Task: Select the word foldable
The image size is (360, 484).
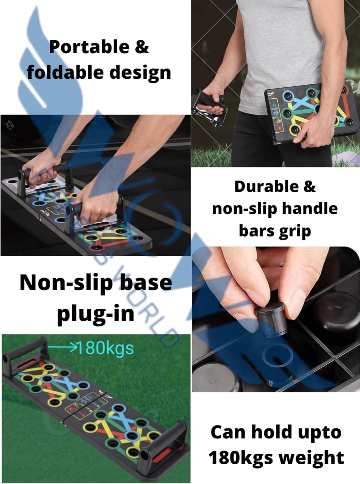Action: click(63, 72)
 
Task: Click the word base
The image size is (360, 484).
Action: click(149, 282)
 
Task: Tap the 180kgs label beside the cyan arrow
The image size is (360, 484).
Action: click(106, 348)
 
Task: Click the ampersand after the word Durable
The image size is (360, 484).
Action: click(309, 187)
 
